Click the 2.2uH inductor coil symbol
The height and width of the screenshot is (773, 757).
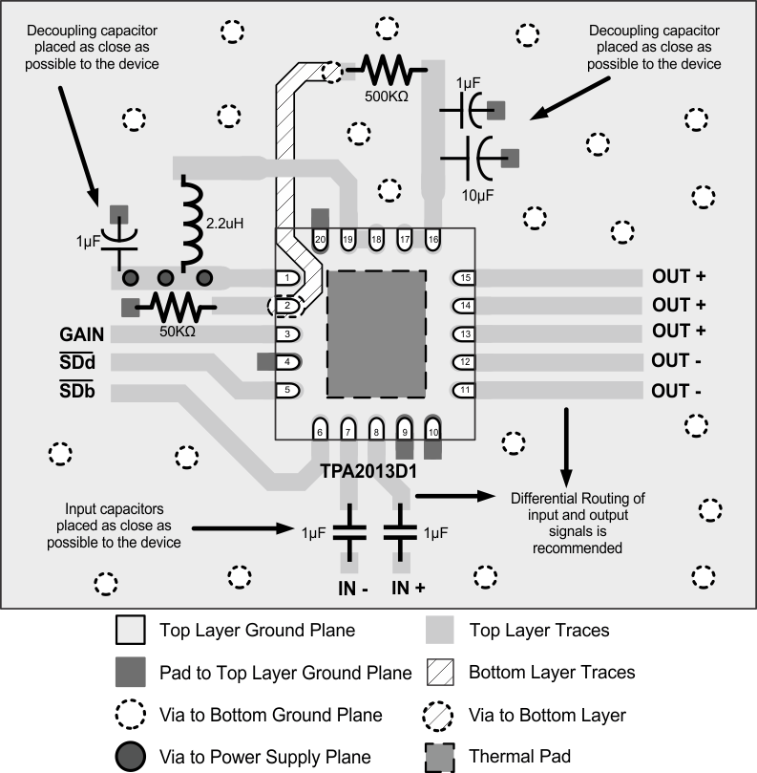click(x=192, y=222)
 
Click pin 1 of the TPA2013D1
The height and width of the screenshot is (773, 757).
click(x=287, y=278)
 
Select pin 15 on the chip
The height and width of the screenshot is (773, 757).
click(x=465, y=278)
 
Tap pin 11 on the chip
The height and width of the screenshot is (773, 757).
click(x=465, y=390)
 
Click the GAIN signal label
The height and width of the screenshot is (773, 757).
click(x=81, y=335)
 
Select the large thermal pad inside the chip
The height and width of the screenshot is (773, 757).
click(x=376, y=333)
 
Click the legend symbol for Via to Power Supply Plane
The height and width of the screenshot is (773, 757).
click(x=130, y=757)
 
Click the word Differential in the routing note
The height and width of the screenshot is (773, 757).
click(x=544, y=499)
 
